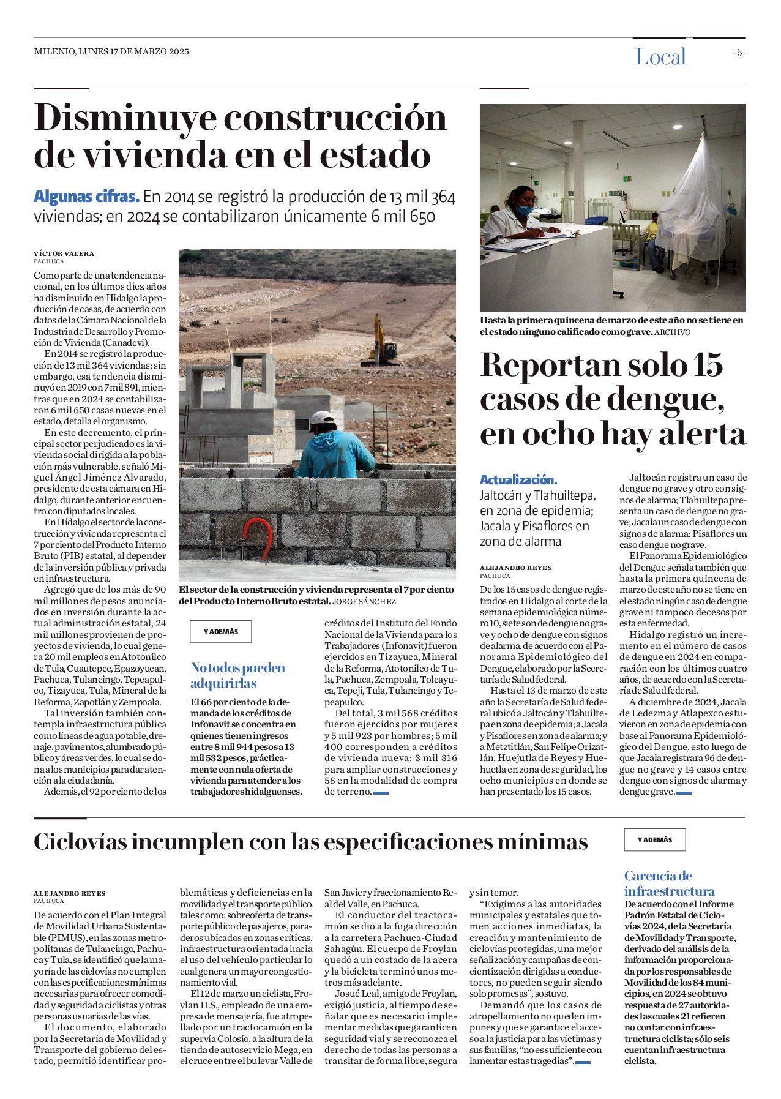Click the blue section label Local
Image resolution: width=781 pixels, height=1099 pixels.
click(660, 57)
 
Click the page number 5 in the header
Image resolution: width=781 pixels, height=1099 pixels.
click(739, 53)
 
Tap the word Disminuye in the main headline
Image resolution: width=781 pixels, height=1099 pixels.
click(125, 118)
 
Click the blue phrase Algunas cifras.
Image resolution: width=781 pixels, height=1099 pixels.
click(86, 197)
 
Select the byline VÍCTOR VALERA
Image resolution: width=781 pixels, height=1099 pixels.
click(64, 253)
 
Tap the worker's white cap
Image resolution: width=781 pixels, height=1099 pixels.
click(322, 418)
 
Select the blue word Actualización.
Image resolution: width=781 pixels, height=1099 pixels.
click(518, 480)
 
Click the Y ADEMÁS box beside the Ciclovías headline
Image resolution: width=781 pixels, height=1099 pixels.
click(654, 840)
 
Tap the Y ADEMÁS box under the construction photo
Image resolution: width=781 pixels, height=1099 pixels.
click(220, 632)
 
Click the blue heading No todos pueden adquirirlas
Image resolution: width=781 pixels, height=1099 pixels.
click(237, 675)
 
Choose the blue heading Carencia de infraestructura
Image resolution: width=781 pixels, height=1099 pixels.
click(669, 883)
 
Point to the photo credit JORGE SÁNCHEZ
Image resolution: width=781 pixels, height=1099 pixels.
click(364, 602)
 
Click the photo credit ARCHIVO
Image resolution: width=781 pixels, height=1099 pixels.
click(672, 332)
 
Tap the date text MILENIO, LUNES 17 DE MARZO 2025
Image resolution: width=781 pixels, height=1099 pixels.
click(111, 52)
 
